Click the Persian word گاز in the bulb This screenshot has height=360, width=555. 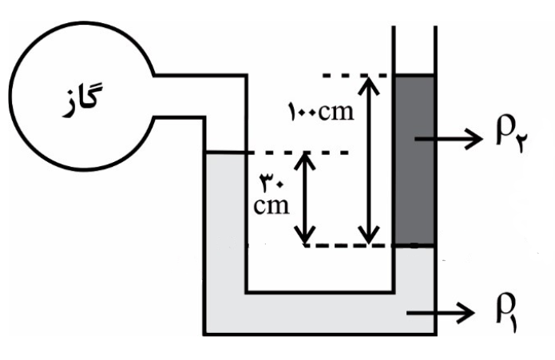(x=82, y=100)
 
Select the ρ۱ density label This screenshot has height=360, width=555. (x=506, y=315)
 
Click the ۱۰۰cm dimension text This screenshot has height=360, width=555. (x=321, y=112)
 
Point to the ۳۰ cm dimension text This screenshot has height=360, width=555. (x=272, y=195)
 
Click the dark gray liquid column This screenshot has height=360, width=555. (x=414, y=160)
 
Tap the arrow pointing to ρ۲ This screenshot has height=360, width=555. (x=449, y=139)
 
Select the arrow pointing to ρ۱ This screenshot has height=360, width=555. (x=441, y=313)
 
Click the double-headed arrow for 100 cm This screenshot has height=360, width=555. (x=369, y=160)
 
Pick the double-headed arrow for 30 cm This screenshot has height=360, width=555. (x=305, y=199)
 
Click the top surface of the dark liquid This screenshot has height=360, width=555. (x=414, y=76)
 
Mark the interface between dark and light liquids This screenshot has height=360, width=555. (x=414, y=245)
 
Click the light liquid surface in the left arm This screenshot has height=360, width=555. (x=225, y=152)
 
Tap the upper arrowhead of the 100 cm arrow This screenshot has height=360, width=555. (x=369, y=85)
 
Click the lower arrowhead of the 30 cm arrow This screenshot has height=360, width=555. (x=305, y=235)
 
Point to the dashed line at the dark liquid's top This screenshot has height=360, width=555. (x=355, y=76)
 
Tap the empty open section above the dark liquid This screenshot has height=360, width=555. (x=414, y=50)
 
